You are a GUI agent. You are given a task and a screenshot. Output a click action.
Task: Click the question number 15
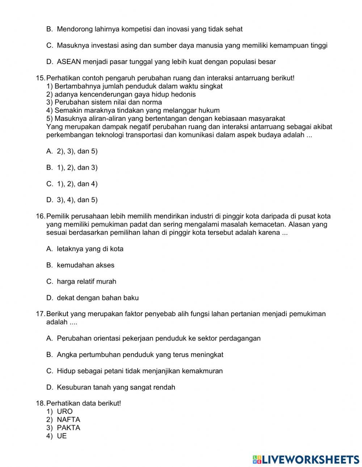(x=41, y=78)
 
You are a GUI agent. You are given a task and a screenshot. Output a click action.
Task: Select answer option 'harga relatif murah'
(x=87, y=281)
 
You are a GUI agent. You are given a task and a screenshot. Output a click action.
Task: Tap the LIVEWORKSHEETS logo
(x=306, y=459)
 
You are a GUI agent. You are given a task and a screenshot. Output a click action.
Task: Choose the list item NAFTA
(x=68, y=420)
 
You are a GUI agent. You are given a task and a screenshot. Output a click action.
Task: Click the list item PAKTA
(x=68, y=428)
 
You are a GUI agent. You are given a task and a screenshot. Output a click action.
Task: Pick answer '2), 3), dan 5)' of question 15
(x=77, y=151)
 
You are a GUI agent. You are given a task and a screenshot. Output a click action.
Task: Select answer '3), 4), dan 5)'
(x=77, y=200)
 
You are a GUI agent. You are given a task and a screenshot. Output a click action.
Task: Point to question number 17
(x=41, y=314)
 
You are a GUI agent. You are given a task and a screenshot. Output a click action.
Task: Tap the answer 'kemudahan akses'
(x=85, y=265)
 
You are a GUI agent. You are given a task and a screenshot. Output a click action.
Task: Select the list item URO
(x=65, y=411)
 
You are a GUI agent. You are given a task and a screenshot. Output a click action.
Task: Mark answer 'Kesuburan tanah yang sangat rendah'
(x=116, y=387)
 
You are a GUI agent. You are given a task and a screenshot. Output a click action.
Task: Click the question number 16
(x=41, y=216)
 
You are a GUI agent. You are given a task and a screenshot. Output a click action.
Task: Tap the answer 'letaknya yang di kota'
(x=90, y=249)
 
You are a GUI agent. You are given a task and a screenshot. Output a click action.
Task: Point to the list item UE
(x=62, y=436)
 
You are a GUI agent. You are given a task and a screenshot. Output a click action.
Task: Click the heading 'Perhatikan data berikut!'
(x=84, y=403)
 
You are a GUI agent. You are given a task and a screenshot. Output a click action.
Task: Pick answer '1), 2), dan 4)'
(x=77, y=184)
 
